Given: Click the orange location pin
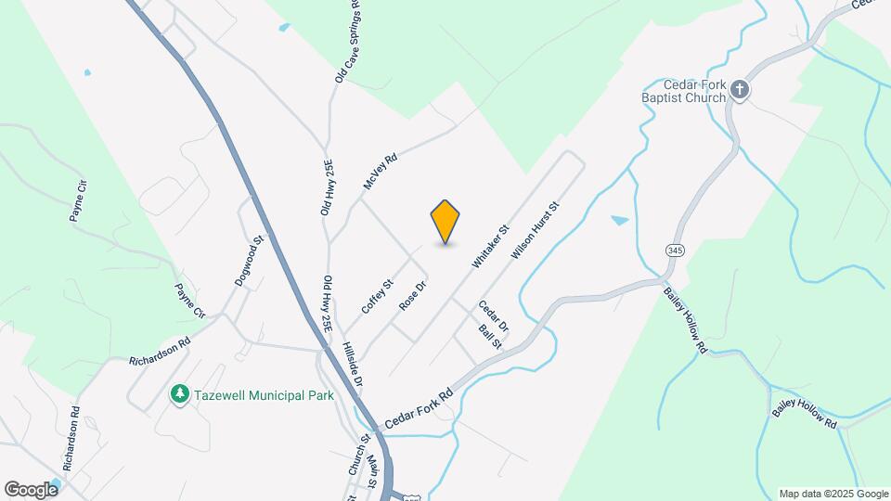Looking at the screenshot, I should (x=445, y=221).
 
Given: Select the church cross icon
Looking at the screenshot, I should (x=740, y=89).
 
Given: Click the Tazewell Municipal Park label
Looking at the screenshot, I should (x=264, y=395).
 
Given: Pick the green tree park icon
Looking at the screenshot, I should (x=179, y=395).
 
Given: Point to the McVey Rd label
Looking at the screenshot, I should (x=380, y=172).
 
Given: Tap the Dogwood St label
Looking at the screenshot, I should (x=250, y=261).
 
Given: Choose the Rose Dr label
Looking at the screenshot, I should (x=411, y=295).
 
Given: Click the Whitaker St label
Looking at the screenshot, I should (x=491, y=246).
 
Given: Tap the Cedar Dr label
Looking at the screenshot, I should (x=493, y=316).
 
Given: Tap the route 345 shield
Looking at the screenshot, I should (x=675, y=250).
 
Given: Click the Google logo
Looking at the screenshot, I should (x=31, y=489).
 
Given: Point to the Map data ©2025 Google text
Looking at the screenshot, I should (x=833, y=494).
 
